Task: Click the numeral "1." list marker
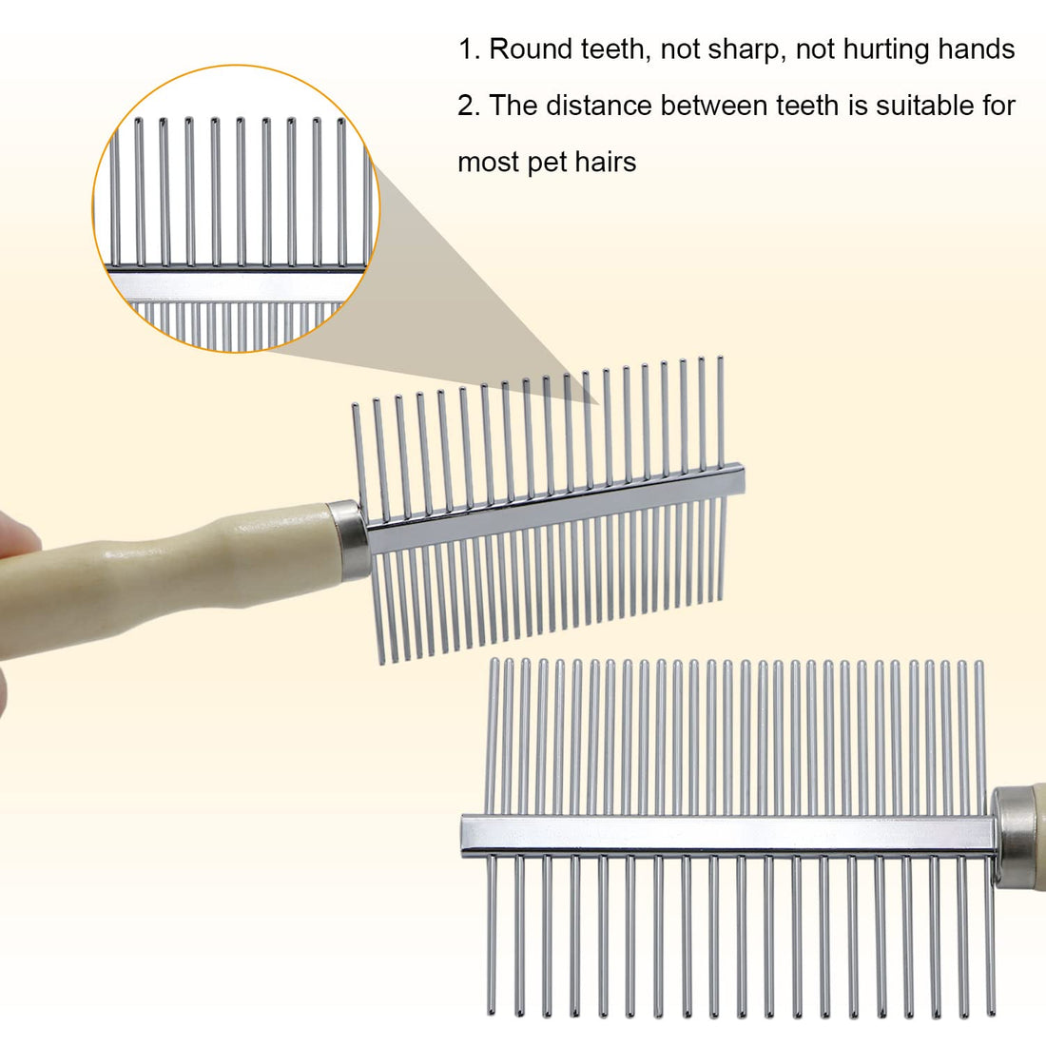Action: point(469,49)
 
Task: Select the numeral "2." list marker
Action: point(469,106)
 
